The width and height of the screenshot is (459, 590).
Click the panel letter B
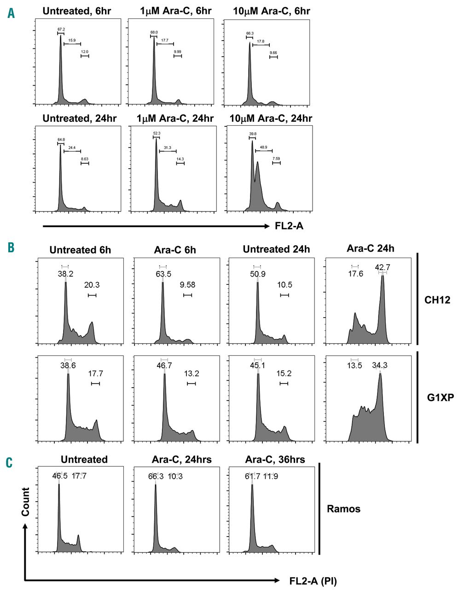pos(11,247)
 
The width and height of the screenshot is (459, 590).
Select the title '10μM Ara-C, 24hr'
pos(271,118)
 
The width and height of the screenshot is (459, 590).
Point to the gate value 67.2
pos(61,29)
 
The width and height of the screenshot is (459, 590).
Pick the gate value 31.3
pos(167,147)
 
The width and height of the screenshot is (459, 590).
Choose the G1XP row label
pos(440,397)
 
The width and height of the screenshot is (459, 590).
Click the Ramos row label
pos(343,509)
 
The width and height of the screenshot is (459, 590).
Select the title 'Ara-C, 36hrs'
pos(274,459)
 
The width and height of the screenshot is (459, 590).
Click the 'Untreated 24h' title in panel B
pos(276,250)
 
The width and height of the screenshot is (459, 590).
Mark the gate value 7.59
pos(276,159)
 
